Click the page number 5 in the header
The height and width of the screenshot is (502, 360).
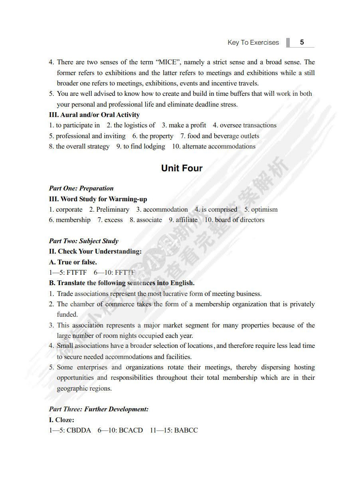point(302,42)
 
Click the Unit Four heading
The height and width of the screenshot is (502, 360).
point(182,168)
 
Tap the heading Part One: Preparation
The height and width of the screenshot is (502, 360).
point(81,188)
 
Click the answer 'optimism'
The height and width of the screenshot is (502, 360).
point(264,209)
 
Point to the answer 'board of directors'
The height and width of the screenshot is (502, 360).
point(239,220)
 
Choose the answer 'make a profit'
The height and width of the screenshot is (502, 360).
point(187,125)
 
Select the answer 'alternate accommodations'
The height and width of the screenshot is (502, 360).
point(219,146)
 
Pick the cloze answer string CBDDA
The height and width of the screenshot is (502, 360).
point(79,430)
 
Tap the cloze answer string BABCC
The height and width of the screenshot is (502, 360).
point(186,430)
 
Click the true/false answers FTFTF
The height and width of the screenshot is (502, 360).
point(77,273)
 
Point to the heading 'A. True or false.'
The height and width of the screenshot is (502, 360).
point(73,262)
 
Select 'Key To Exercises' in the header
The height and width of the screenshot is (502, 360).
point(253,42)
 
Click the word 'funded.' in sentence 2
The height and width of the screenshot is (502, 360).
point(67,314)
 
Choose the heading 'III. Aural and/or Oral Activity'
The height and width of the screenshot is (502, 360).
point(94,115)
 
